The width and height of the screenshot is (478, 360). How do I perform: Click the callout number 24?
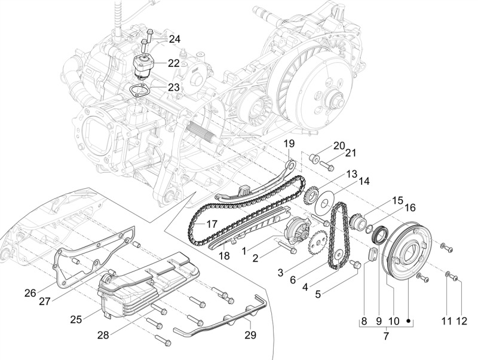click(x=174, y=39)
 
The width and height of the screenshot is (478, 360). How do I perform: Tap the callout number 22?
click(x=174, y=63)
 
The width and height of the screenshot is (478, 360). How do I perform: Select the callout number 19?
click(x=289, y=144)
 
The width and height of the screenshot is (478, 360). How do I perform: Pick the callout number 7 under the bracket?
click(x=385, y=337)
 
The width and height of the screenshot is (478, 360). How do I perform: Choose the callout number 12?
click(x=461, y=321)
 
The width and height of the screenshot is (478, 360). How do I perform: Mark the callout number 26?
click(x=30, y=293)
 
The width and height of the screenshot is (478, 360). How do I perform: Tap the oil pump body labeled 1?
click(x=295, y=230)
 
